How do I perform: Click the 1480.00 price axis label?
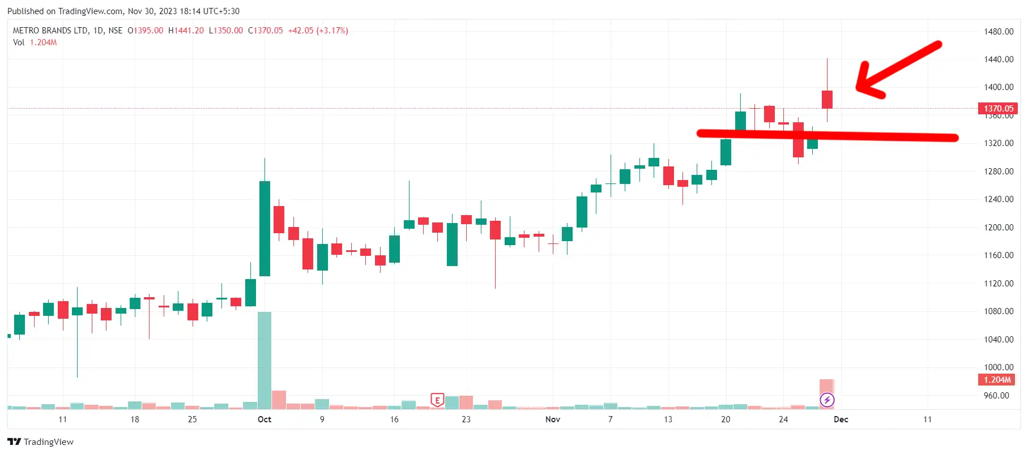(x=998, y=32)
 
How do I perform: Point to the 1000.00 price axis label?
(x=998, y=367)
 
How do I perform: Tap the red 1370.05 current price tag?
(x=997, y=108)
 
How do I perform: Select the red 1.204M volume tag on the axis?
(x=997, y=380)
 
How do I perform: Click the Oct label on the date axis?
(x=265, y=419)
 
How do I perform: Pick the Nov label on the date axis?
(x=552, y=419)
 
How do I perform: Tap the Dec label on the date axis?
(x=841, y=419)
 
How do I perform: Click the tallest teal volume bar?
(x=265, y=360)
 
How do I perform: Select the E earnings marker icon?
(x=437, y=400)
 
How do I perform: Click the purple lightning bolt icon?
(x=827, y=401)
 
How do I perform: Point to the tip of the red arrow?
(x=858, y=88)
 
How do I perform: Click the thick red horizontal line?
(x=827, y=135)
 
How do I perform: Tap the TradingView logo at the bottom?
(x=40, y=442)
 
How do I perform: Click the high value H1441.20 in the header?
(x=186, y=31)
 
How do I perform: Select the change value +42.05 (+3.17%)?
(x=318, y=31)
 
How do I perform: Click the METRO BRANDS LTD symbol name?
(x=50, y=31)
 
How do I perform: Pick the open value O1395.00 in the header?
(x=146, y=31)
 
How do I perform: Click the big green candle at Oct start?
(x=265, y=228)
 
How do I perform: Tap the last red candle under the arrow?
(x=827, y=100)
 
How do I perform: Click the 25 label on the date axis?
(x=193, y=419)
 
